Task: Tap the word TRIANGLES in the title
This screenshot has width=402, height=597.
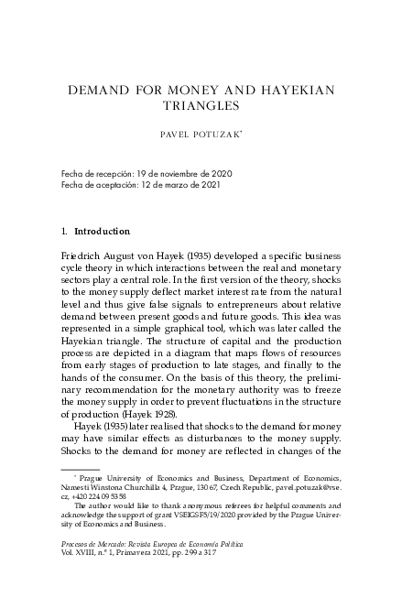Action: [x=201, y=105]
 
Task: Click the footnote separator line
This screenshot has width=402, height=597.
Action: [x=79, y=469]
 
